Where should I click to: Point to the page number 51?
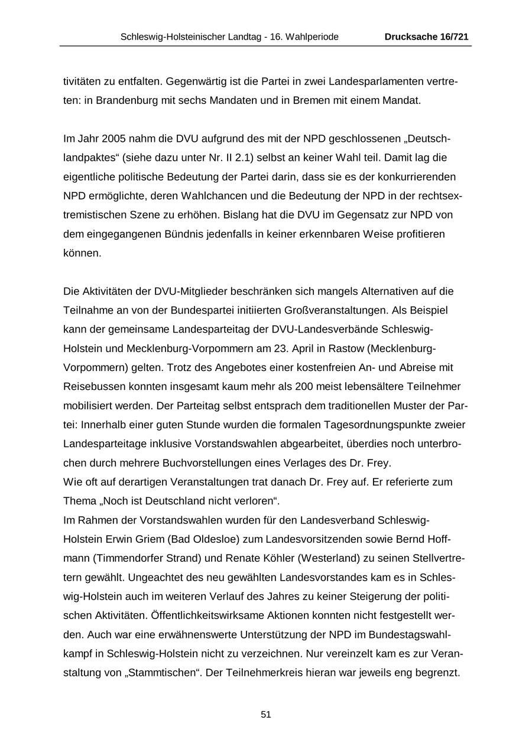265,714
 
